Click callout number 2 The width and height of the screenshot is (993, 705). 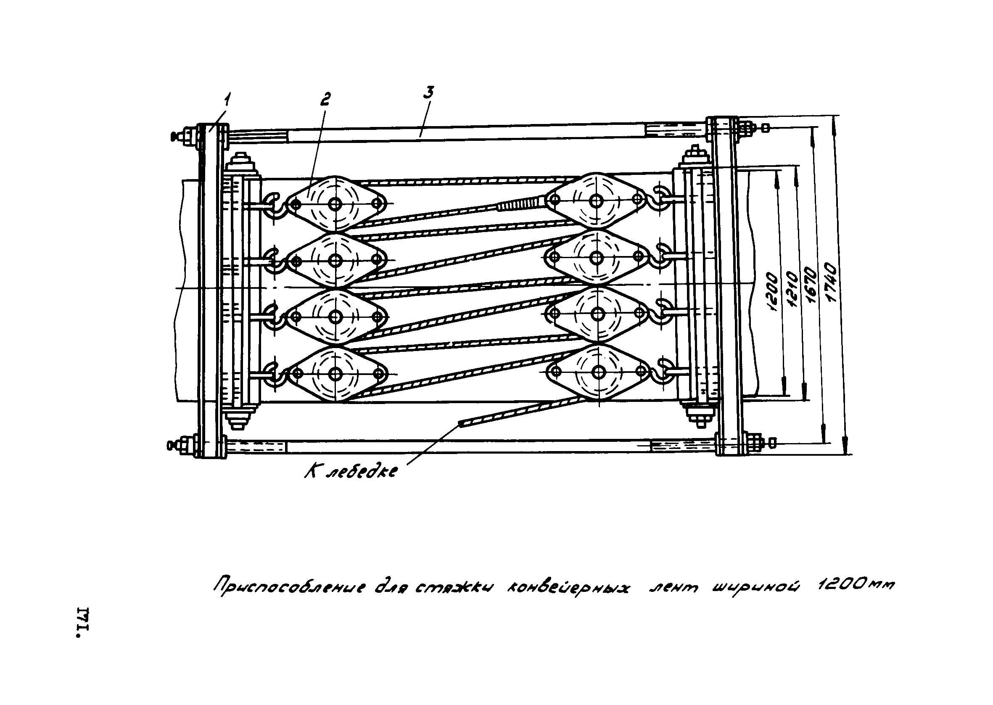[325, 99]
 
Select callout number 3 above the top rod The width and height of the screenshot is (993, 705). [429, 93]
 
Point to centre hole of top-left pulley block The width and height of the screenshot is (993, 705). [335, 203]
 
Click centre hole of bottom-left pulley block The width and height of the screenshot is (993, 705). [335, 373]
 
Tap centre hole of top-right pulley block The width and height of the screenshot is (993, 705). [596, 201]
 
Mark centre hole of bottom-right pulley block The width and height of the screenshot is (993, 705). [599, 372]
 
